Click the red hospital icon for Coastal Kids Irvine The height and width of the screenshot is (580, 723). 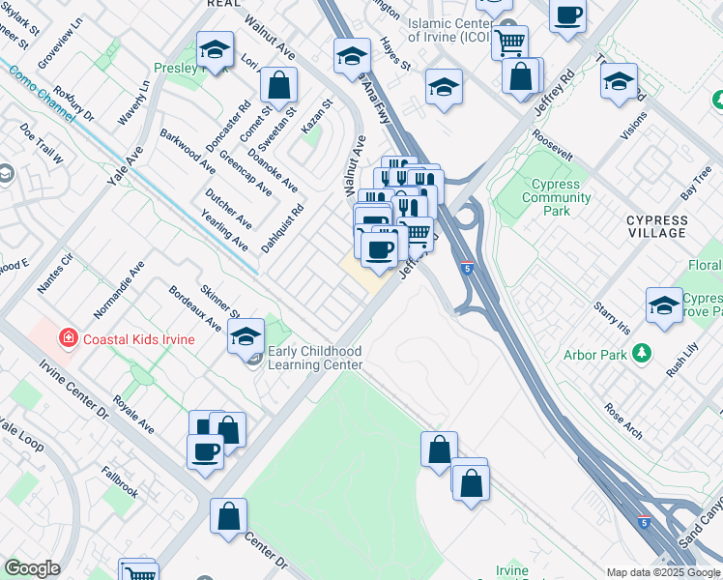coord(68,339)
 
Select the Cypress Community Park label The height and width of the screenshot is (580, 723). coord(556,197)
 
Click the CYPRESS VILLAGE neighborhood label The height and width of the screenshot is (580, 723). coord(657,227)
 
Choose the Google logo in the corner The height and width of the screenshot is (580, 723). coord(32,568)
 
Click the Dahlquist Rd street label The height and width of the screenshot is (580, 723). coord(283,228)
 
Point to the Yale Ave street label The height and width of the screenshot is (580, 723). coord(126,165)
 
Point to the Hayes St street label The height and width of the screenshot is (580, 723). coord(395,54)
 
